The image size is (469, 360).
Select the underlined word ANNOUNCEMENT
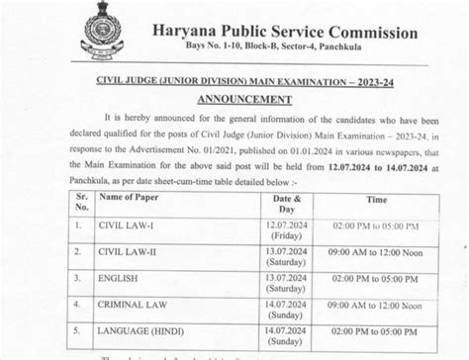click(243, 100)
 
